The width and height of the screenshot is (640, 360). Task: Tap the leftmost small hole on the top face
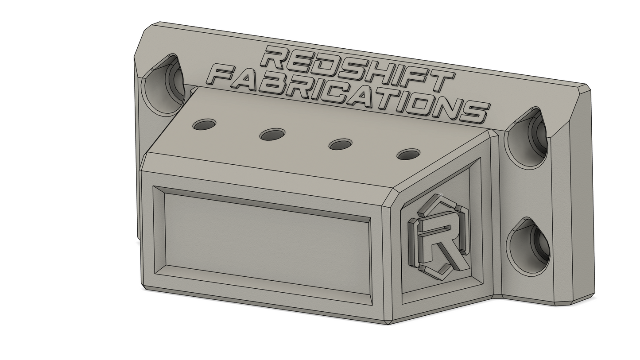[x=204, y=124]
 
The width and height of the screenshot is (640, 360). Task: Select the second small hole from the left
[x=272, y=134]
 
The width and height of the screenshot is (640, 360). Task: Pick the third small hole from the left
[x=340, y=144]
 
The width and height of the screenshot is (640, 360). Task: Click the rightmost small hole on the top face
[x=408, y=154]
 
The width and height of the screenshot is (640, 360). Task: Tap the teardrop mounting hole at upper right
[x=526, y=138]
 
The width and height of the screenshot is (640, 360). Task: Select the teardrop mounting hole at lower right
[x=528, y=247]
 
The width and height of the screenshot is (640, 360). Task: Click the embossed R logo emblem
[x=438, y=238]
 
